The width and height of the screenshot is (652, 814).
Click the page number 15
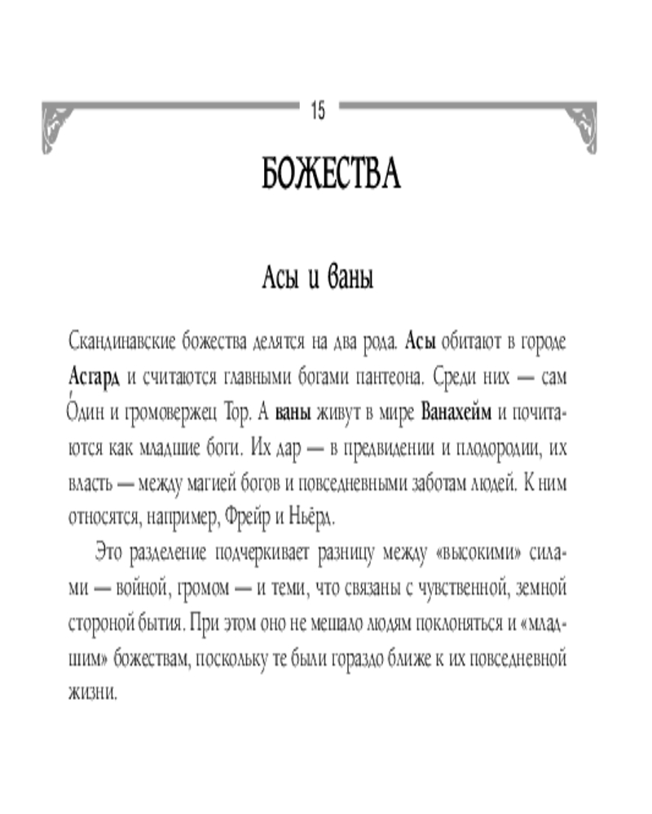click(x=318, y=111)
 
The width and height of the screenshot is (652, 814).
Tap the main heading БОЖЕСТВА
click(x=332, y=173)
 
